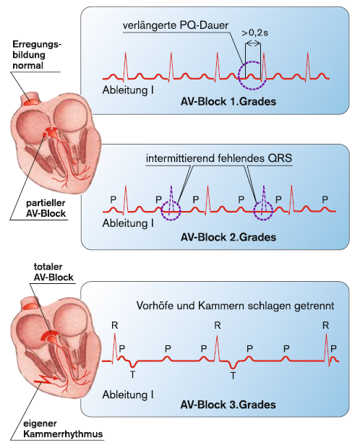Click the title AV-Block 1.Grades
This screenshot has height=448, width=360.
pos(228,101)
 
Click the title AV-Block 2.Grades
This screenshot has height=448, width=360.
pos(228,237)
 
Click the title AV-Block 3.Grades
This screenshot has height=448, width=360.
pos(228,405)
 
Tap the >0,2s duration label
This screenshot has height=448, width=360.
pos(254,33)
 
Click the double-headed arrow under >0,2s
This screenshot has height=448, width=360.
pos(253,43)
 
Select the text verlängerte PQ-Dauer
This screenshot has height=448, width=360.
pos(176,25)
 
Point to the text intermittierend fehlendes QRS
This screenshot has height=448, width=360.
pos(219,158)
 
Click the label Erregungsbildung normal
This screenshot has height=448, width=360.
pos(37,55)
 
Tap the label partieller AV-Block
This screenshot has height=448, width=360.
pos(46,208)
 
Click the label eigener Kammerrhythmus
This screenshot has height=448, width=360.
pos(63,428)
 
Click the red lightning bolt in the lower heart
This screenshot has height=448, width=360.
pos(46,379)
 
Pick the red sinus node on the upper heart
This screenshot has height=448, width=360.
pos(31,101)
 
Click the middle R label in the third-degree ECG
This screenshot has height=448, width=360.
pos(218,325)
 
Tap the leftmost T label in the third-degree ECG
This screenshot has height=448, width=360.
pos(132,374)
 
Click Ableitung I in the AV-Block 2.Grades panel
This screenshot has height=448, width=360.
pos(128,223)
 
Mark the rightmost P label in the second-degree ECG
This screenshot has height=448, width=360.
pos(325,199)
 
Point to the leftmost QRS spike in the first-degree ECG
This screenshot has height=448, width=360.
pos(125,66)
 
